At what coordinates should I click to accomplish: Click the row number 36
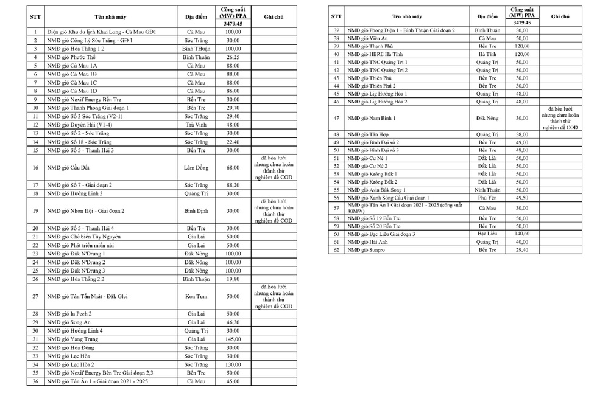pos(35,381)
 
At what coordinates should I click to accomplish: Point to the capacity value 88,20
pos(233,185)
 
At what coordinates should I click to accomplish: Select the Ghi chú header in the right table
pos(560,16)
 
